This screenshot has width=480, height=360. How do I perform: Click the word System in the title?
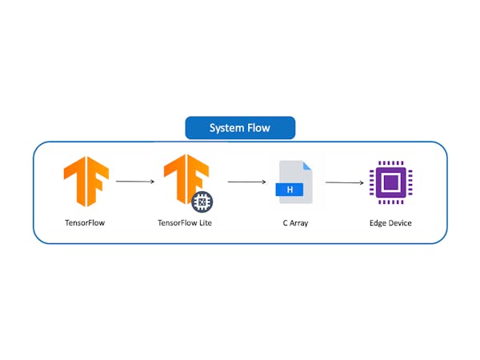[x=226, y=128]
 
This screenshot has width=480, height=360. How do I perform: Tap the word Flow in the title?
[x=258, y=128]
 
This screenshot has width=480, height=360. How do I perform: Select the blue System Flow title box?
[x=240, y=128]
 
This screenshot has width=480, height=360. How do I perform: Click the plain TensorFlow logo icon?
[x=86, y=182]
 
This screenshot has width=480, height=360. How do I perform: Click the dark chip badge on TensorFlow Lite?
[x=202, y=202]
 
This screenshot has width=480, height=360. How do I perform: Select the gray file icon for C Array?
[x=294, y=182]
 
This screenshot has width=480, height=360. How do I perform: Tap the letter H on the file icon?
[x=290, y=190]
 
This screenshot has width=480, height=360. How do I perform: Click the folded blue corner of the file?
[x=306, y=166]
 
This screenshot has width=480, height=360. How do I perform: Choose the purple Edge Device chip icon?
[x=391, y=182]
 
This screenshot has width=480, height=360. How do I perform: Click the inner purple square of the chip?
[x=391, y=182]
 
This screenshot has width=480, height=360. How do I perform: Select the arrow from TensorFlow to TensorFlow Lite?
[x=135, y=182]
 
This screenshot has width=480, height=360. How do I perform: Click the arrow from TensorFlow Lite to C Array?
[x=246, y=182]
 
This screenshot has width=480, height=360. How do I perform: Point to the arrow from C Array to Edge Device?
[x=345, y=182]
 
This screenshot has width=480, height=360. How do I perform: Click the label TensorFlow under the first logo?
[x=85, y=222]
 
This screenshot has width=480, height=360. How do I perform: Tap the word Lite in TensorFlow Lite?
[x=206, y=222]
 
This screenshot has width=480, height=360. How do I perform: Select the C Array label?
[x=295, y=223]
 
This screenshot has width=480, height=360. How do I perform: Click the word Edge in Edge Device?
[x=377, y=223]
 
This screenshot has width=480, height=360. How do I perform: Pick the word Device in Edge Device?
[x=399, y=223]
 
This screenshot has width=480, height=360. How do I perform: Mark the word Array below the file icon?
[x=298, y=223]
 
